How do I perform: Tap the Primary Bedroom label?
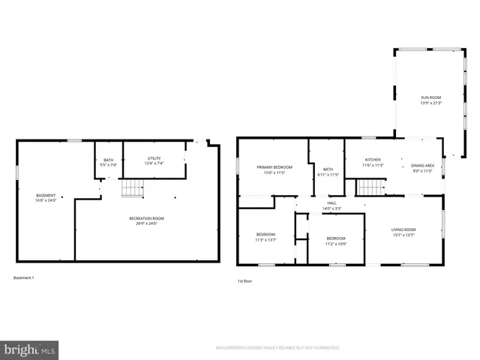coord(274,169)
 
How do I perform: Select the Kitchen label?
coord(373,162)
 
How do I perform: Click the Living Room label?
coord(403,232)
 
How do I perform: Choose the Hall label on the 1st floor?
coord(331,205)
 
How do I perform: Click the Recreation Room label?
coord(146,220)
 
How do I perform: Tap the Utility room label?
coord(154,160)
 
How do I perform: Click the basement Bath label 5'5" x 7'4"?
coord(109,162)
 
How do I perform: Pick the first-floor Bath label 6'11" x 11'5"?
coord(328,172)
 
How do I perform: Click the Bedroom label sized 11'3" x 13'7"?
coord(266,237)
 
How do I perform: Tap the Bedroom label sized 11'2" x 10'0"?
coord(335,240)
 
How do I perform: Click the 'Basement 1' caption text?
coord(24,277)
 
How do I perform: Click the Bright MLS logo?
coord(30,349)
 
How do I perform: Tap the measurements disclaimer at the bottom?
coord(277,348)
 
